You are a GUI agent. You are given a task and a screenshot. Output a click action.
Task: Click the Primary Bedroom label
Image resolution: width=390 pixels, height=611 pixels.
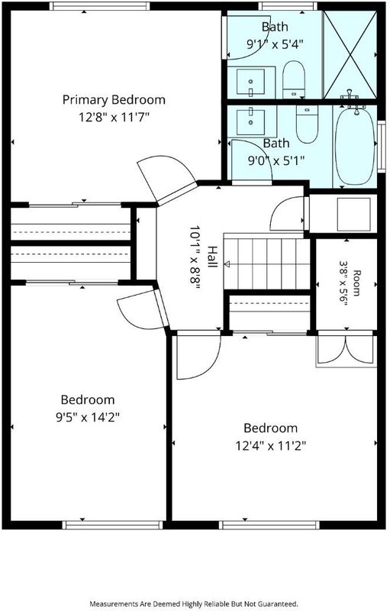point(114,100)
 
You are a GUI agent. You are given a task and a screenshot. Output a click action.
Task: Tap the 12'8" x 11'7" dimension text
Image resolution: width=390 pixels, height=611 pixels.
point(114,117)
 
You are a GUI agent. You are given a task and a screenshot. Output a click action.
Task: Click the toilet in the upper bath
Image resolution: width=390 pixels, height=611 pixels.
point(293,80)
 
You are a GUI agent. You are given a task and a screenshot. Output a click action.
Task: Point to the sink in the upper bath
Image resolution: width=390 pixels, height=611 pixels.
point(251,82)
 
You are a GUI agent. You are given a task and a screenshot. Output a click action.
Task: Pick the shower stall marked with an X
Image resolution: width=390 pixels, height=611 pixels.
point(350,54)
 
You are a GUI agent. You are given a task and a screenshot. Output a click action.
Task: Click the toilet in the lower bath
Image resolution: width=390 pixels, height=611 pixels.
point(307,124)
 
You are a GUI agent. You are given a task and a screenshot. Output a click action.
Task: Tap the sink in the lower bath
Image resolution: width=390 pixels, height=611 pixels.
point(251,117)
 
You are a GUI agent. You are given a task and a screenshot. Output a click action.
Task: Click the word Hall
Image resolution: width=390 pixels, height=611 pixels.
point(212,257)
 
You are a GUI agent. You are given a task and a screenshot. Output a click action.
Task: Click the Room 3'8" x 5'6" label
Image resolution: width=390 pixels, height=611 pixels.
point(350,283)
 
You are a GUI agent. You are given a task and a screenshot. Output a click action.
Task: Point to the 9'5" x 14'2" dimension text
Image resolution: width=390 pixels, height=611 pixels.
point(87,418)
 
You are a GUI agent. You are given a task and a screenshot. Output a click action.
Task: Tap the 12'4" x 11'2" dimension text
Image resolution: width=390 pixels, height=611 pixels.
point(270,445)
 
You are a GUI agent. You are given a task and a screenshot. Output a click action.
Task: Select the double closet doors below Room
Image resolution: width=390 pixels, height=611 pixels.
point(346,349)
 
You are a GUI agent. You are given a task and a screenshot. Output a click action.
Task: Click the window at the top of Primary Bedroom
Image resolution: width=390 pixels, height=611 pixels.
point(100,6)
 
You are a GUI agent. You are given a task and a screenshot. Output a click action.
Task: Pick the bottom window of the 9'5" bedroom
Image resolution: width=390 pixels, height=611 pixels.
point(112,525)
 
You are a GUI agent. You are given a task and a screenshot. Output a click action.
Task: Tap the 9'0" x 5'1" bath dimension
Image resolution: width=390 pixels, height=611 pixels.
point(276,160)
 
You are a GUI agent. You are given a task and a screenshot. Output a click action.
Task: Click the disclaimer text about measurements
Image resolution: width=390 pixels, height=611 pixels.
point(194,603)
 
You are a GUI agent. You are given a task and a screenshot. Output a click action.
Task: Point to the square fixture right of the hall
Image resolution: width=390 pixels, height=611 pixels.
point(353,215)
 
